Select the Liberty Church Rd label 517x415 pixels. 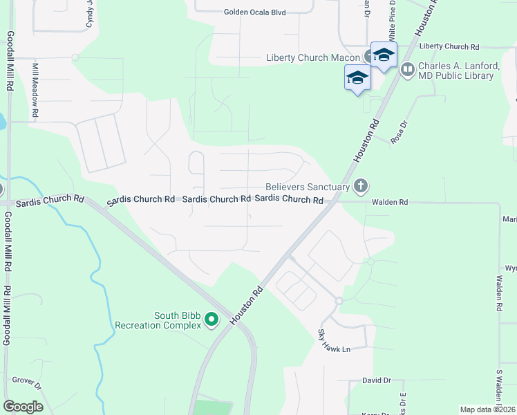(x=449, y=46)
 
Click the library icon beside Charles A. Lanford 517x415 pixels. (x=407, y=69)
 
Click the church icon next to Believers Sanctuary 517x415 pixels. (x=360, y=185)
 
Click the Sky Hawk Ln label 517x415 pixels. (x=335, y=342)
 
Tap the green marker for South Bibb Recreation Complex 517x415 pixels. (x=213, y=319)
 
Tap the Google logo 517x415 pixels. (x=23, y=407)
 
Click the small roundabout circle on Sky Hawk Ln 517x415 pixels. (x=339, y=301)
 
